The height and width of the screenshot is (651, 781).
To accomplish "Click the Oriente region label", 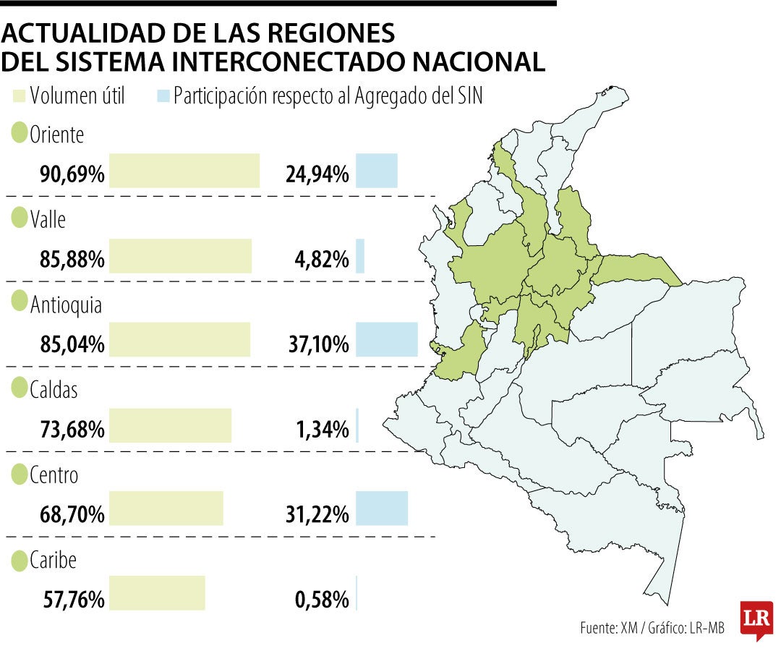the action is point(57,135).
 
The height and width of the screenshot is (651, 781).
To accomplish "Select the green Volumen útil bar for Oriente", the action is point(184,171).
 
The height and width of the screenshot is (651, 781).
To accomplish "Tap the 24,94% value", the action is point(317,174).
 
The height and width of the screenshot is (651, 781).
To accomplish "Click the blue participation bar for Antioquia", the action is point(387,340).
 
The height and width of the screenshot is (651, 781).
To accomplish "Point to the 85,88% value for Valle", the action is point(72,260).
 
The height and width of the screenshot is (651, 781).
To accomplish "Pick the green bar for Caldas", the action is point(171,425).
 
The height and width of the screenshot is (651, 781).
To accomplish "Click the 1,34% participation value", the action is point(323,430).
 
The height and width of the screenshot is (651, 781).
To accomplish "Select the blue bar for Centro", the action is point(382,509).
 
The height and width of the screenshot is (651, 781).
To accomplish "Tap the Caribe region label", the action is point(53,561).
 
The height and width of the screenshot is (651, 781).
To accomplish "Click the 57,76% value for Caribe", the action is point(74,600).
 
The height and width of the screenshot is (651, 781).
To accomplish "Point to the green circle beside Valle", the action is point(20,218).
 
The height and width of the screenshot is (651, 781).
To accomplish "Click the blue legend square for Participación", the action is point(163,95).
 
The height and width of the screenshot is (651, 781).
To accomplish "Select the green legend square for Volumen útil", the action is point(19,95).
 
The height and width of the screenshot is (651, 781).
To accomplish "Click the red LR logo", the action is point(756,620).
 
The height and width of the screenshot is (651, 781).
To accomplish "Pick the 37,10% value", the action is point(319,344).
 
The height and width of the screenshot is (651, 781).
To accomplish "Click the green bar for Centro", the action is point(166,509).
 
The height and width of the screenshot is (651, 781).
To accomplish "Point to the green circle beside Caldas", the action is point(20,388).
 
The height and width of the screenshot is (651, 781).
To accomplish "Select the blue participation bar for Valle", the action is point(360,256).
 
